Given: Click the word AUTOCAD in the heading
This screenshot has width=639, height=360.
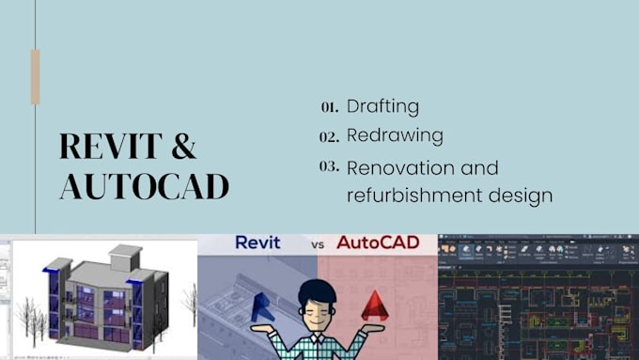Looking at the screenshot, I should point(144,185).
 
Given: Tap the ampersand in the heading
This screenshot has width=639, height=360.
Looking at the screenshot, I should point(184,147).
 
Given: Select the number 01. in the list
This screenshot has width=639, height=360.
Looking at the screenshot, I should point(329,107).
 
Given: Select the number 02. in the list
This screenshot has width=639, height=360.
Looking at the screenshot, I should point(329,137).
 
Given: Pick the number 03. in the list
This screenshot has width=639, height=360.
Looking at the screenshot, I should point(329,167).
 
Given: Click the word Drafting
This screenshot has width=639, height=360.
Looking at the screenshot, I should point(382,106).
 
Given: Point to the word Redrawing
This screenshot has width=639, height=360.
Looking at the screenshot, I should point(395,135).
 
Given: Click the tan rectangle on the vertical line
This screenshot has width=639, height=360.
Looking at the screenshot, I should point(36,76).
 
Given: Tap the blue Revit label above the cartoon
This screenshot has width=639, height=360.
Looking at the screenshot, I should point(257,243).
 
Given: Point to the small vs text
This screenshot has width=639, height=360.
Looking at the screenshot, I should point(319,245).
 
